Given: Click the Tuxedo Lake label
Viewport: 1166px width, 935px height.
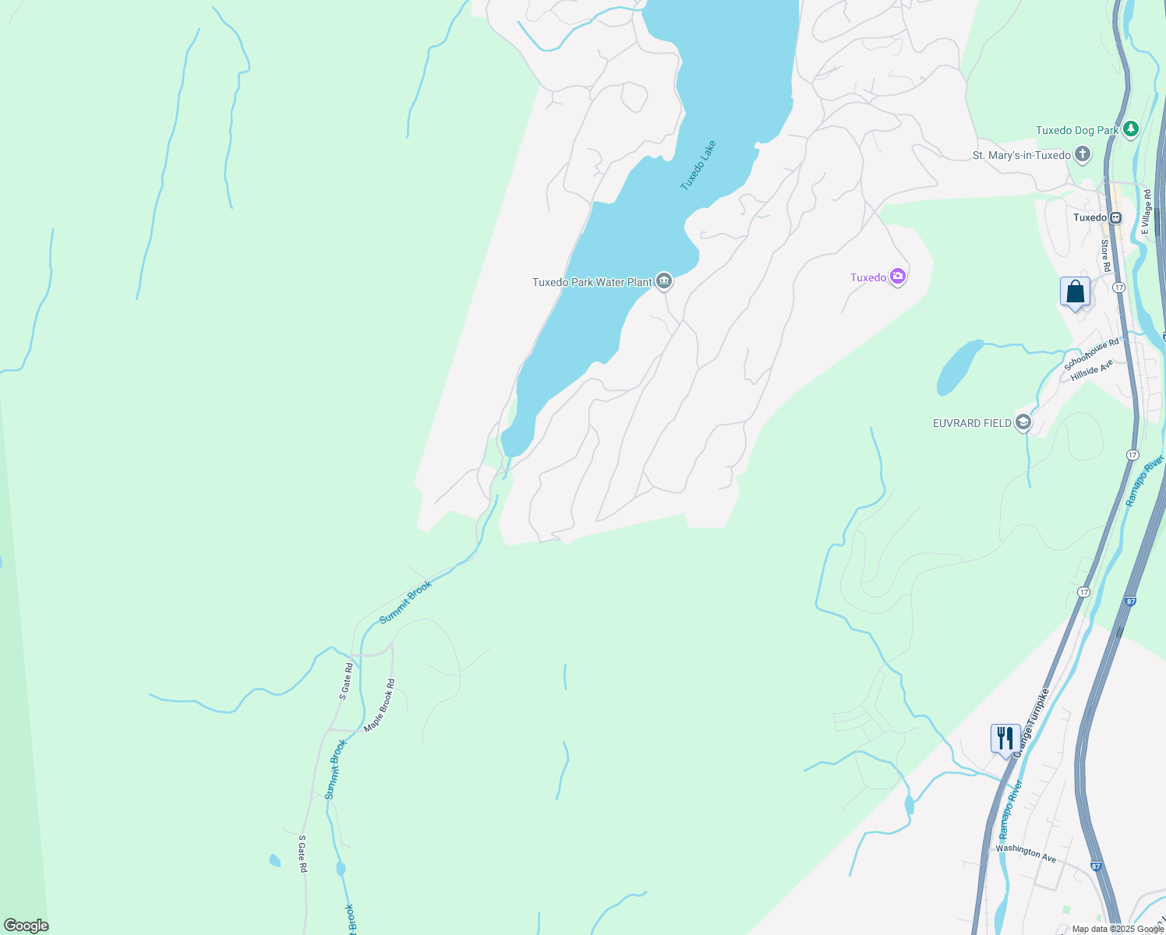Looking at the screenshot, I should click(698, 165).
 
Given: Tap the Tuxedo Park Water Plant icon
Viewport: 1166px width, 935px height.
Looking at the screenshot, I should click(664, 281).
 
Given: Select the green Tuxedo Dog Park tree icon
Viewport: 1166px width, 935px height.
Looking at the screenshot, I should click(1131, 129).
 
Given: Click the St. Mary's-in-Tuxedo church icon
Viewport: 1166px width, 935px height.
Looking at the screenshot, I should click(1083, 155).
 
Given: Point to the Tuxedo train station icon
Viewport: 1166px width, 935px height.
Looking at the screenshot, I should click(1116, 217).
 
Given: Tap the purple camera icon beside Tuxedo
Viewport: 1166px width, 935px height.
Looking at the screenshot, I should click(898, 277).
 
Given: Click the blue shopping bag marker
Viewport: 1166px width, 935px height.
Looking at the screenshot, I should click(1075, 293).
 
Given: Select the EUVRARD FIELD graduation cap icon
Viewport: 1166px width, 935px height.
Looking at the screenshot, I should click(1023, 422).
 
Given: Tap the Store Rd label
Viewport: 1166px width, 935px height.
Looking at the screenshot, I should click(1105, 256).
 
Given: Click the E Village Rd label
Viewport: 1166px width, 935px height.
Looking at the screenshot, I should click(1146, 210).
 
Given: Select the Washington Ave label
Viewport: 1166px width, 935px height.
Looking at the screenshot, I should click(1026, 853).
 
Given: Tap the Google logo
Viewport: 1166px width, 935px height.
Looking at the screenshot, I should click(26, 925).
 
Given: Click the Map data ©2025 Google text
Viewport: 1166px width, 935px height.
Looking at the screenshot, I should click(1117, 929).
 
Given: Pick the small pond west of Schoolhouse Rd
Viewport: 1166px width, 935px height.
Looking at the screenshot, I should click(959, 366).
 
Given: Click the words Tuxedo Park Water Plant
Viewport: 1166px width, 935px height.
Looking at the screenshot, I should click(592, 282).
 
